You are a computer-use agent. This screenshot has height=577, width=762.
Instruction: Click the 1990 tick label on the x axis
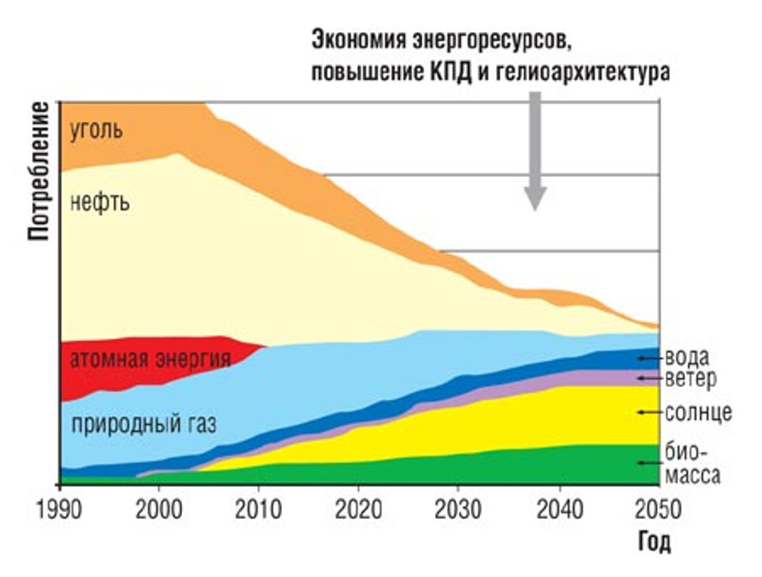[x=59, y=505]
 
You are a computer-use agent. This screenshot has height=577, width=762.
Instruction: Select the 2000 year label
[x=159, y=505]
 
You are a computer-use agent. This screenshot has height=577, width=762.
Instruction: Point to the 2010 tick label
[x=259, y=505]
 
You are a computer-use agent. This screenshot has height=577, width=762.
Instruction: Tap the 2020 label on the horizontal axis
[x=358, y=505]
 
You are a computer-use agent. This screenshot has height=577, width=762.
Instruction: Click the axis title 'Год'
[x=653, y=544]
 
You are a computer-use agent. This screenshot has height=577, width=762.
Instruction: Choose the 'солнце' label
[x=697, y=412]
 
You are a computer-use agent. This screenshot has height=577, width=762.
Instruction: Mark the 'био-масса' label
[x=692, y=463]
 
